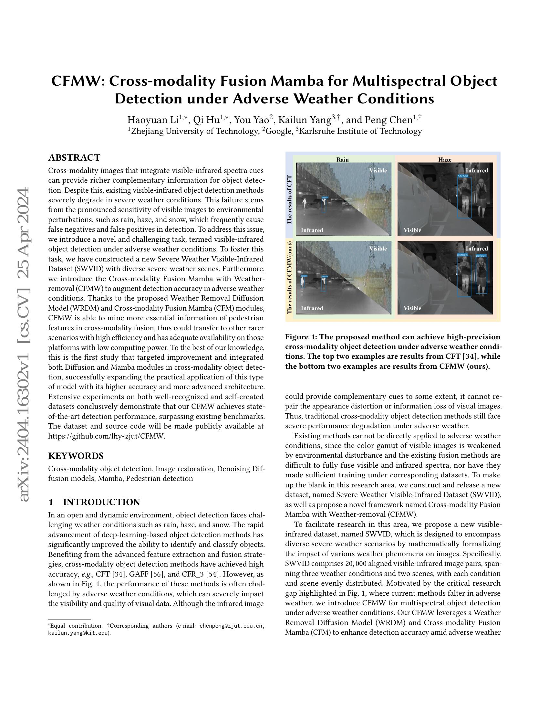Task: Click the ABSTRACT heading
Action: click(74, 158)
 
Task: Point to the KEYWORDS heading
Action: click(76, 456)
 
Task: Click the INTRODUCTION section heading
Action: click(101, 502)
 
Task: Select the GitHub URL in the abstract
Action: click(107, 436)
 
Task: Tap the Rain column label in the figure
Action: click(342, 160)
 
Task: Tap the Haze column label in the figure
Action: click(445, 160)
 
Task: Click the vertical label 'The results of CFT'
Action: click(289, 199)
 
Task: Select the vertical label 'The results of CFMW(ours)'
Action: click(289, 277)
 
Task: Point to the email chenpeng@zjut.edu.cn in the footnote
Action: click(231, 626)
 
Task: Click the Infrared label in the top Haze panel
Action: click(476, 171)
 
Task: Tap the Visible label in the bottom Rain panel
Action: click(378, 249)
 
